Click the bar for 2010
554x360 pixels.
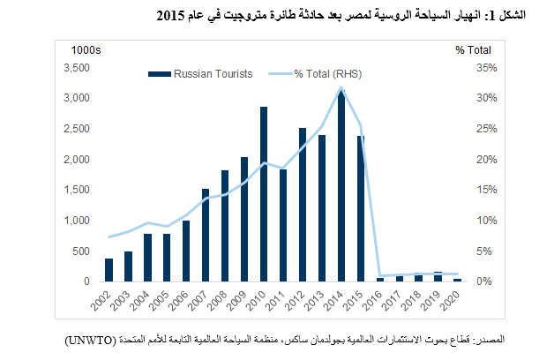pos(264,194)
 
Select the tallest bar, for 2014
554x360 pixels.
pos(341,185)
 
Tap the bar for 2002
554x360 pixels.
pos(109,270)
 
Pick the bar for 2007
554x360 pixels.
pos(206,236)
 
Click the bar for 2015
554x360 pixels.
pos(360,209)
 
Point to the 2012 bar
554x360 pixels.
pos(303,205)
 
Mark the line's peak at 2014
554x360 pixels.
pos(341,86)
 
